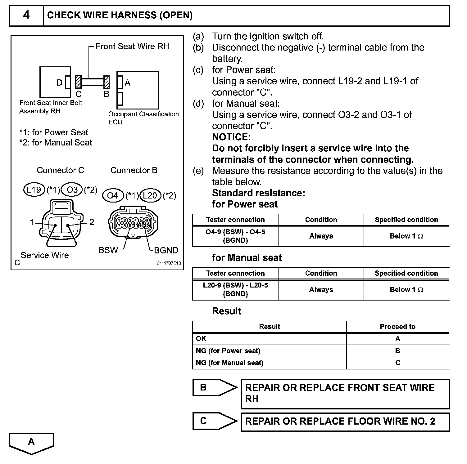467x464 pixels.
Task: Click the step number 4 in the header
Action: tap(26, 15)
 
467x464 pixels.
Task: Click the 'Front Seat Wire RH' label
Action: tap(132, 47)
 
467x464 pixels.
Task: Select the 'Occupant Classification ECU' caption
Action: tap(143, 118)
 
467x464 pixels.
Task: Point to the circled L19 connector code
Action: tap(34, 190)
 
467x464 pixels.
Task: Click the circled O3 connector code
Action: tap(72, 190)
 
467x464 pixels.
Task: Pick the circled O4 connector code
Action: tap(112, 195)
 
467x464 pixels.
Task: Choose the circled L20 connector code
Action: tap(150, 195)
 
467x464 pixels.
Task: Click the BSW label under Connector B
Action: tap(108, 250)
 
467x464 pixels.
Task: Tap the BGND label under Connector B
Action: tap(166, 250)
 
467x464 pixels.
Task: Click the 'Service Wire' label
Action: tap(45, 255)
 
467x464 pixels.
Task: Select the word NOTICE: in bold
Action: tap(231, 137)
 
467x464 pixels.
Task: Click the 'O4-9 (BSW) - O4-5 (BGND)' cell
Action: tap(235, 236)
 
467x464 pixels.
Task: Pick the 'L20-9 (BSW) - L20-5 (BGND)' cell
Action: tap(235, 289)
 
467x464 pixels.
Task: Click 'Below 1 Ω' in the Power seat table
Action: tap(406, 236)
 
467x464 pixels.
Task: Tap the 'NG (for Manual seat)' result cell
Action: tap(229, 363)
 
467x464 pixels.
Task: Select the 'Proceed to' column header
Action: tap(397, 327)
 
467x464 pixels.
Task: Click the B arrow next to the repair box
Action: tap(214, 387)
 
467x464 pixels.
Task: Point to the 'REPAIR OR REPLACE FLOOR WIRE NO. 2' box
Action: tap(345, 422)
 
